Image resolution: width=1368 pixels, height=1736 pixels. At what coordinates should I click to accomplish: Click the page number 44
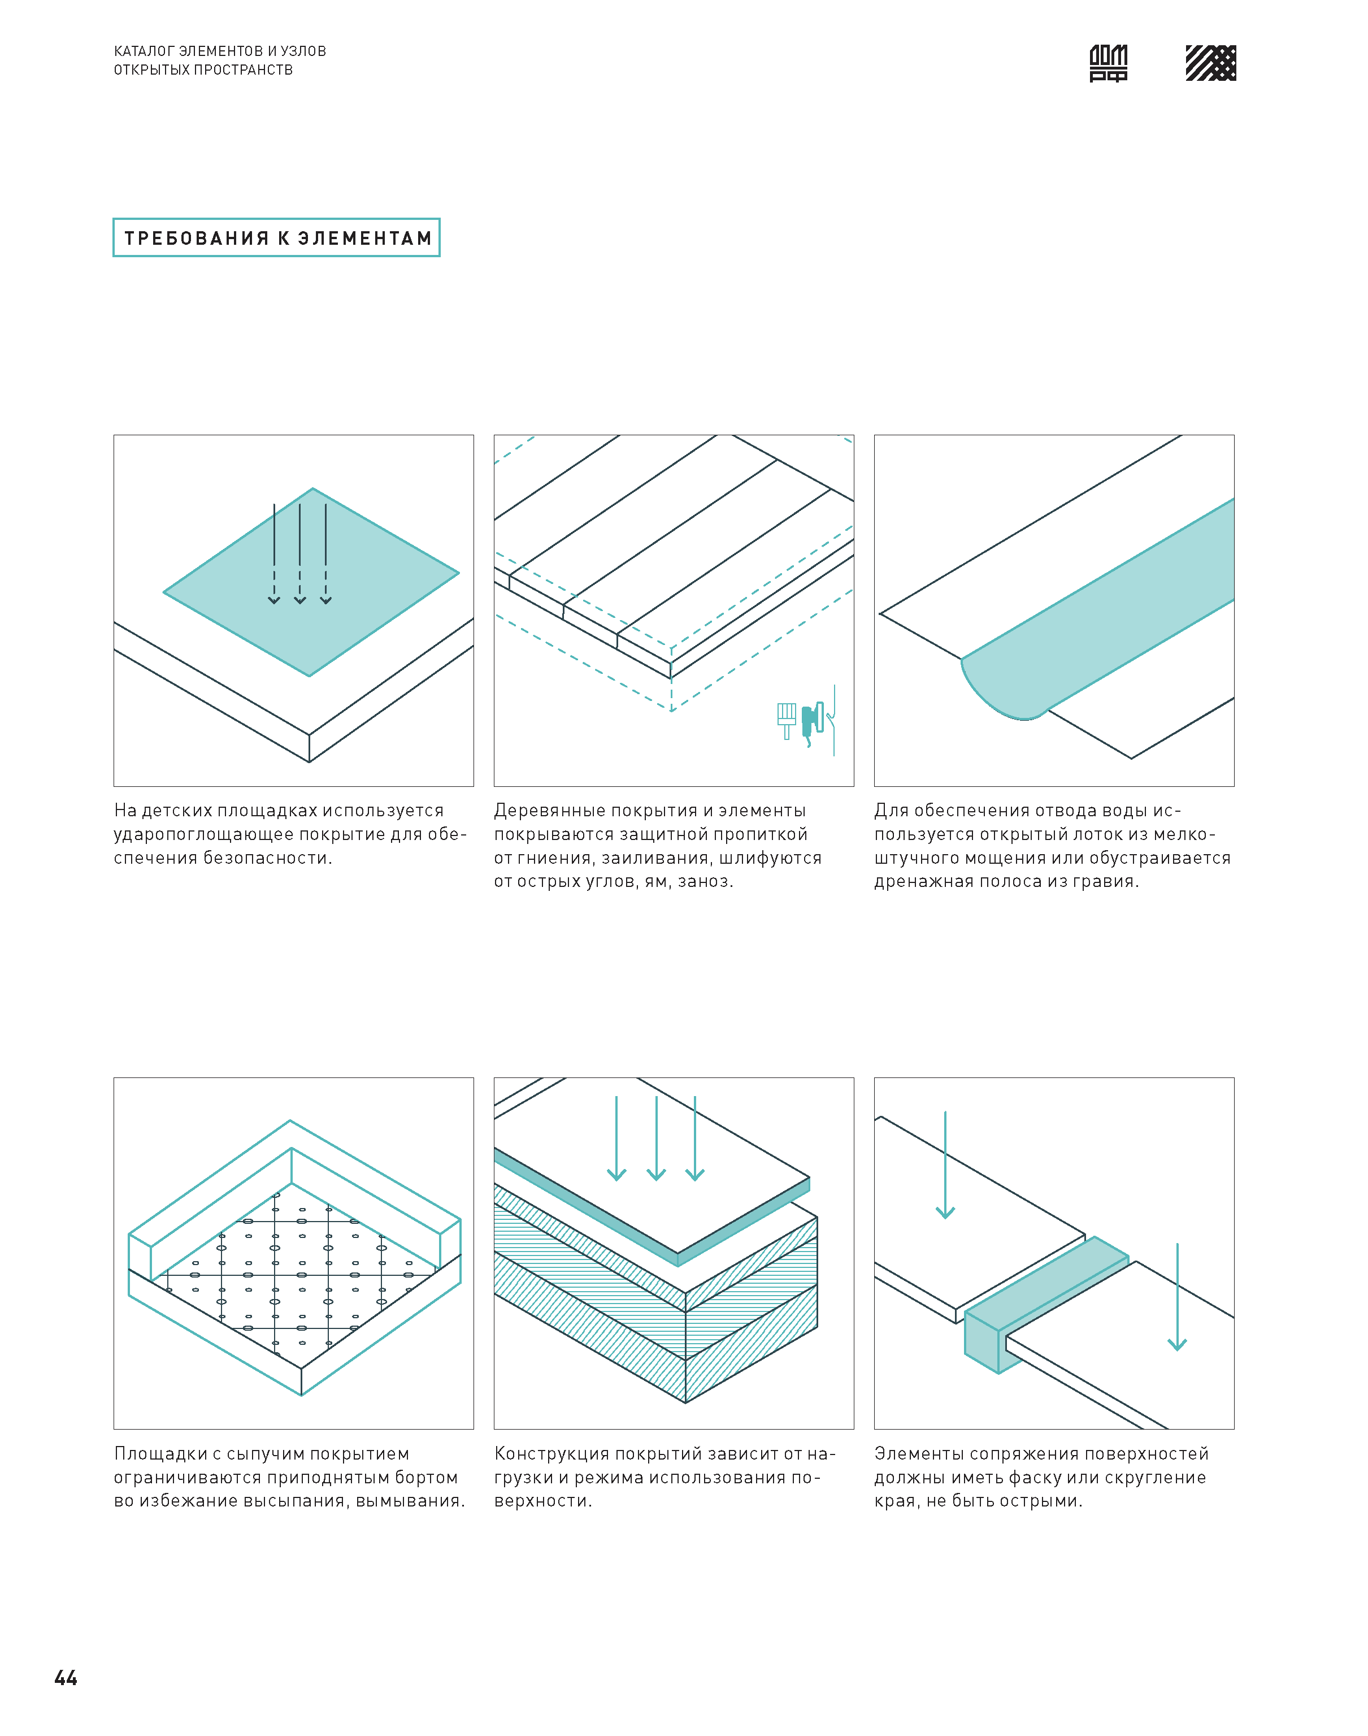tap(66, 1678)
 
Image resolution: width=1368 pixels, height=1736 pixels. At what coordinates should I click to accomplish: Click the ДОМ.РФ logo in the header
tap(1109, 63)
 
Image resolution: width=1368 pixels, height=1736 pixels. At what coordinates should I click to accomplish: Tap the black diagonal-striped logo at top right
tap(1210, 63)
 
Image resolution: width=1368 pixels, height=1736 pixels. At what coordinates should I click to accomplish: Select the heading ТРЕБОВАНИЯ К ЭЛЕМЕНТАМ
tap(277, 238)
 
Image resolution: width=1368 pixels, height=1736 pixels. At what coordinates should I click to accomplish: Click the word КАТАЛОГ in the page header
tap(144, 51)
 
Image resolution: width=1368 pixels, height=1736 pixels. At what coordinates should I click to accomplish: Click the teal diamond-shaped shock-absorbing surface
tap(311, 582)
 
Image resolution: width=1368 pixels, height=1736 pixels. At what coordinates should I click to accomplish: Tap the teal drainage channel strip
tap(1098, 609)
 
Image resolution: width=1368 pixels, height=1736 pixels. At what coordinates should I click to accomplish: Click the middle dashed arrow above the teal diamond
tap(299, 553)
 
